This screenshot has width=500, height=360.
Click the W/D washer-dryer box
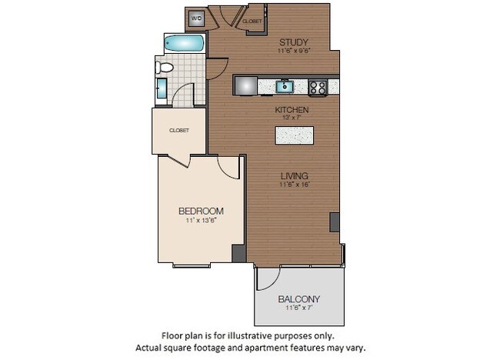click(196, 18)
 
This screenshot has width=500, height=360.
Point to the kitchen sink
click(285, 85)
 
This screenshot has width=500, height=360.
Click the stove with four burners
click(318, 87)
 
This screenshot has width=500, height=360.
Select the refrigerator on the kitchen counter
click(245, 85)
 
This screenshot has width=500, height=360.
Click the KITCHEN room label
click(292, 110)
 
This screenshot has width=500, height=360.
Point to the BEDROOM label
click(201, 211)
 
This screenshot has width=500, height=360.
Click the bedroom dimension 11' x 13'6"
click(201, 222)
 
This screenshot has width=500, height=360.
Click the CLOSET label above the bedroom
click(178, 130)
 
